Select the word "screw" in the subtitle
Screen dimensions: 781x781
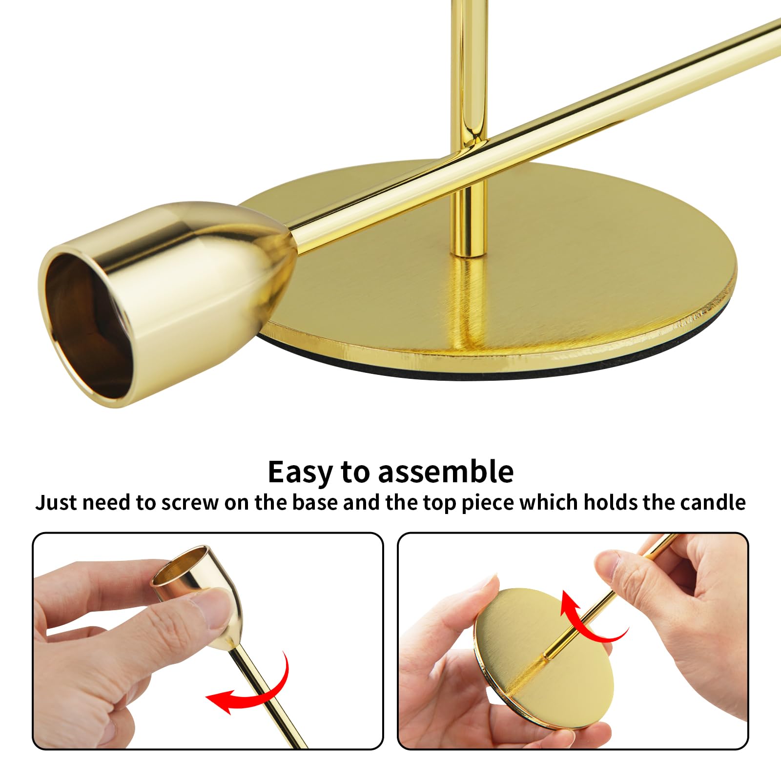pyautogui.click(x=190, y=503)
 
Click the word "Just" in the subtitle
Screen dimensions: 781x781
pyautogui.click(x=56, y=502)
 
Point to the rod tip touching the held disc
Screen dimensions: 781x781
pyautogui.click(x=549, y=657)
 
